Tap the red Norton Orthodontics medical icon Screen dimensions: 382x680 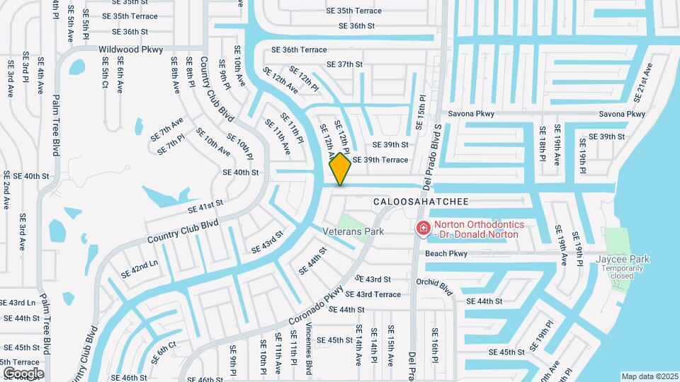[x=423, y=228]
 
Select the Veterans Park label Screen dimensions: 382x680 [x=353, y=231]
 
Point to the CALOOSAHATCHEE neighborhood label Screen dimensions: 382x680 [x=421, y=202]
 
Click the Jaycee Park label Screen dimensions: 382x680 [x=623, y=259]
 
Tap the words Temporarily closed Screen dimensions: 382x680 [x=623, y=272]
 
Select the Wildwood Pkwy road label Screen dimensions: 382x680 [x=132, y=50]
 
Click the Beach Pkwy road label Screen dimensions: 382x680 [x=446, y=253]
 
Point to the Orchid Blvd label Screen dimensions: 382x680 [x=434, y=288]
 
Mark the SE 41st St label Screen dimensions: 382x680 [x=205, y=206]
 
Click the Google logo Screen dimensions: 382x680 [x=23, y=373]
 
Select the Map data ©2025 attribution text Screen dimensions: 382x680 [x=650, y=376]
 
